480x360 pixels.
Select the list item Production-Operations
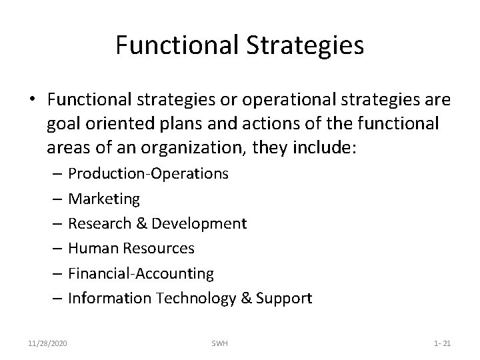(149, 174)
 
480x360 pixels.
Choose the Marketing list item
(104, 199)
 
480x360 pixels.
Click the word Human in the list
(91, 248)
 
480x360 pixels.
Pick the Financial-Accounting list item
(141, 273)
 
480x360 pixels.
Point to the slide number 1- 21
(442, 343)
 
